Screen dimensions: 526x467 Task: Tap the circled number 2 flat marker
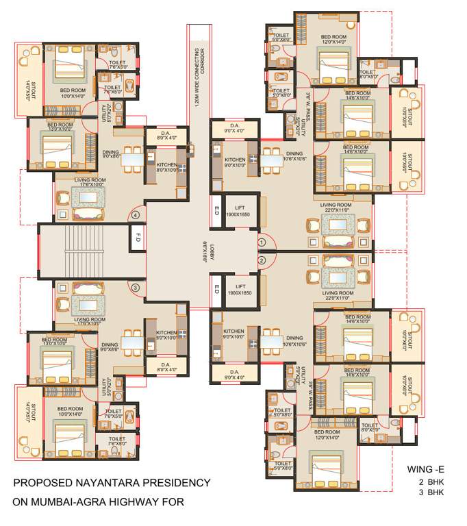pyautogui.click(x=262, y=260)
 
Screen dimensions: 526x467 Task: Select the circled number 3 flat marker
pyautogui.click(x=136, y=288)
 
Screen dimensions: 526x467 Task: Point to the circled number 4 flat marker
pyautogui.click(x=136, y=215)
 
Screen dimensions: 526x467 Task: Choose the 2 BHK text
pyautogui.click(x=430, y=482)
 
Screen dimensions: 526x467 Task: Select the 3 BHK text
pyautogui.click(x=430, y=492)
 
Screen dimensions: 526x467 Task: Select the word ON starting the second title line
pyautogui.click(x=21, y=503)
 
